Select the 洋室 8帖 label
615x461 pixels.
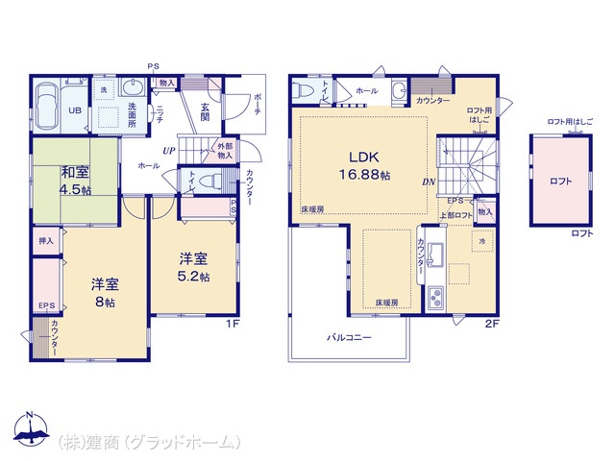pos(105,293)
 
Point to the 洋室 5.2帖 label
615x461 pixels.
pos(192,266)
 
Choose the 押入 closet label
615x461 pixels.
pos(45,240)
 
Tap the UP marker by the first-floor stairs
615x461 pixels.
pos(168,151)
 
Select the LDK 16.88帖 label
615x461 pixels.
pos(361,165)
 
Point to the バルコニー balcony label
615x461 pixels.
pos(348,338)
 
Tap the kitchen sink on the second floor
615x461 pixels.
pos(434,255)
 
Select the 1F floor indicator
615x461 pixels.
pos(232,324)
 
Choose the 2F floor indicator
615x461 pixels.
pos(491,324)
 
